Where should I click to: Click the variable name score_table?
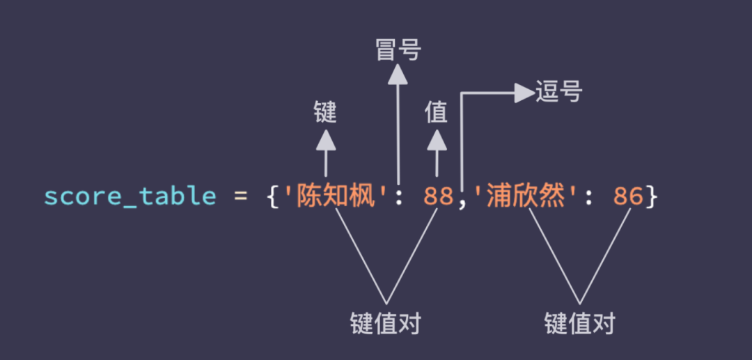tap(130, 197)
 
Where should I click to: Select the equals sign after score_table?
tap(240, 197)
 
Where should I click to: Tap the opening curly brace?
tap(273, 197)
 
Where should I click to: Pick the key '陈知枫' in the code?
tap(336, 197)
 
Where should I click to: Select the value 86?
tap(629, 197)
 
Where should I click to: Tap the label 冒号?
tap(398, 50)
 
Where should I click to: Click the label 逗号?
tap(558, 91)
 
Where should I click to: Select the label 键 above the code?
tap(325, 111)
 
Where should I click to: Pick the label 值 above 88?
tap(437, 111)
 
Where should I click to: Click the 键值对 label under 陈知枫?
tap(386, 323)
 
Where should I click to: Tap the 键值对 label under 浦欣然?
tap(580, 323)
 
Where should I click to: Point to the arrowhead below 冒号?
tap(398, 74)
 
